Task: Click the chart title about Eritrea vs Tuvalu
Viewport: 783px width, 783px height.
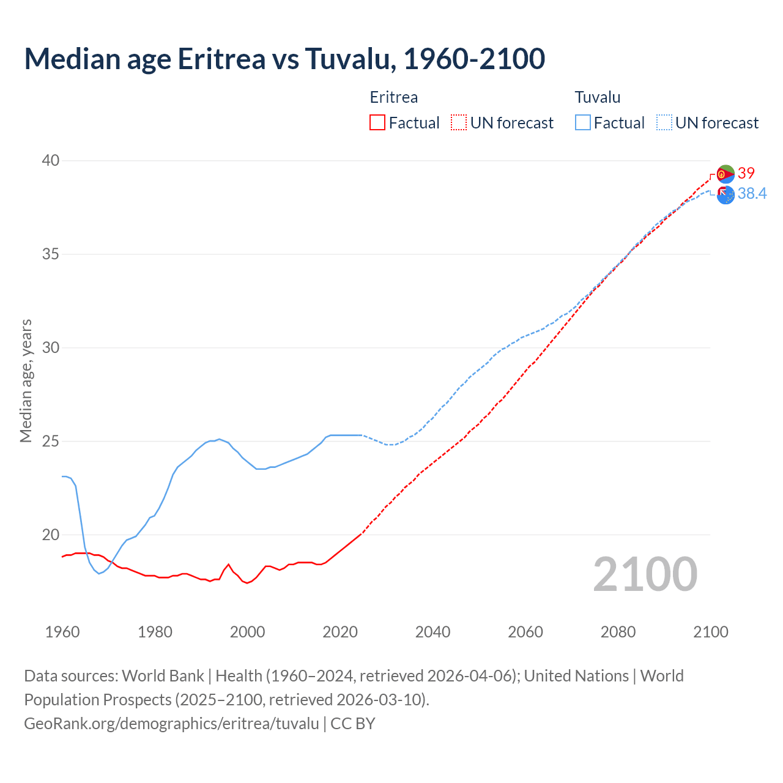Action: coord(284,59)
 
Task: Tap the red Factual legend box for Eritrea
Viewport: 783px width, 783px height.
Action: coord(377,122)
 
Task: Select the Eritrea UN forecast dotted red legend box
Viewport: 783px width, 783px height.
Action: coord(458,122)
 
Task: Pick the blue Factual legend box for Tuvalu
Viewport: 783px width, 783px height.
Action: coord(583,122)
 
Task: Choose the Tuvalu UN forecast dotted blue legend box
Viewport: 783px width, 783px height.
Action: coord(664,122)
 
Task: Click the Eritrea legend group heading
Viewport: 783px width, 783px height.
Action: coord(393,97)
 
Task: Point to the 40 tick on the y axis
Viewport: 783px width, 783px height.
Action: coord(51,160)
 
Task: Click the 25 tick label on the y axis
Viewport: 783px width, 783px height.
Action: coord(51,441)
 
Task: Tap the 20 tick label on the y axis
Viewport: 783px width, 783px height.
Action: coord(51,535)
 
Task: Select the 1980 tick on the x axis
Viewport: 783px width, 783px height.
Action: coord(155,632)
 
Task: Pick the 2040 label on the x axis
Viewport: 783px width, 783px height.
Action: coord(432,632)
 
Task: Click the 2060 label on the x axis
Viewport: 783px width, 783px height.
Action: coord(525,632)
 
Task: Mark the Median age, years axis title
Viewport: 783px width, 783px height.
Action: coord(26,380)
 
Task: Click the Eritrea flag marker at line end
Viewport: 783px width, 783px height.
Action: coord(725,174)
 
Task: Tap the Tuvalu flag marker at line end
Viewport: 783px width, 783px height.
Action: coord(725,195)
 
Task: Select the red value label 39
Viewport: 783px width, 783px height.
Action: coord(746,173)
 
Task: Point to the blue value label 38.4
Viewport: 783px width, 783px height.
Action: coord(752,194)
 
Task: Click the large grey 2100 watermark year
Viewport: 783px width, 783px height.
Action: coord(645,574)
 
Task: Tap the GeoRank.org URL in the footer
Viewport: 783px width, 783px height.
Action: coord(171,723)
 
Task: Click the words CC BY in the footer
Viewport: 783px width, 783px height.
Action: coord(353,723)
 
